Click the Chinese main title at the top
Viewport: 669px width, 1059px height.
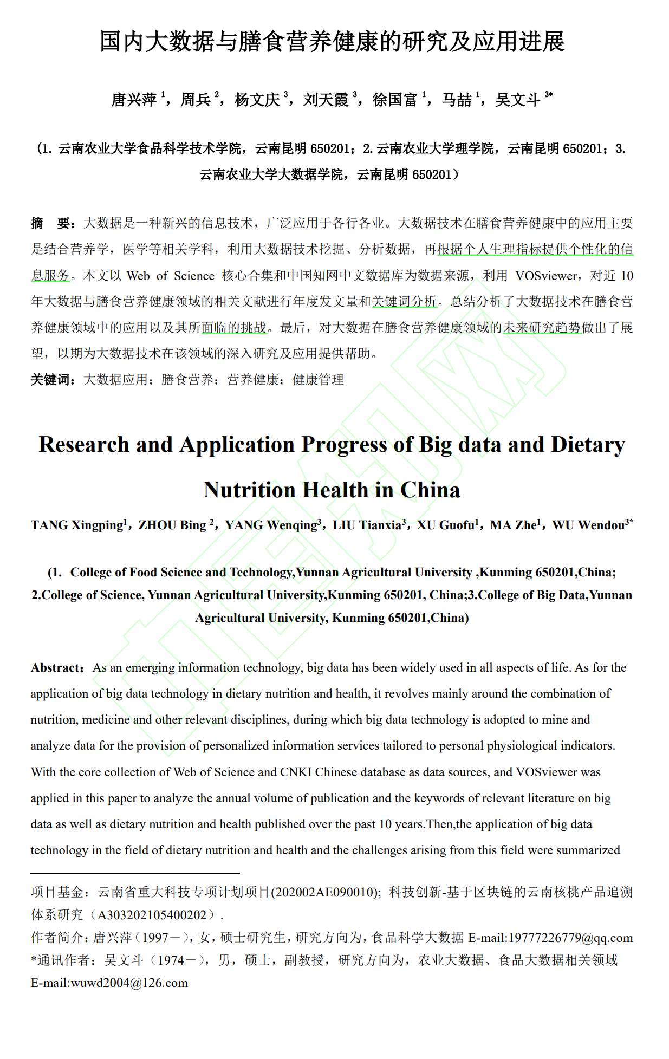pos(332,42)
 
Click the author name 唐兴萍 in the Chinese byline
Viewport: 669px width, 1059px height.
pos(134,100)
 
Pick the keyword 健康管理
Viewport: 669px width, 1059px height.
pos(318,380)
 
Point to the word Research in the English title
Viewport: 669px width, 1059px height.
pos(84,445)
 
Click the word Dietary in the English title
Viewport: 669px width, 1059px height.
pos(588,445)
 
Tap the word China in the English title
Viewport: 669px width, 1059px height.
pos(430,490)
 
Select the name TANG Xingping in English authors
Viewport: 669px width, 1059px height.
pos(76,525)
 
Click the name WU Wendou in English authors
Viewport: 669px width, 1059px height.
pos(588,525)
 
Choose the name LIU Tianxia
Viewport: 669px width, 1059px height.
pos(366,525)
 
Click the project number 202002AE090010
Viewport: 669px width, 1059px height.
pos(326,892)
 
